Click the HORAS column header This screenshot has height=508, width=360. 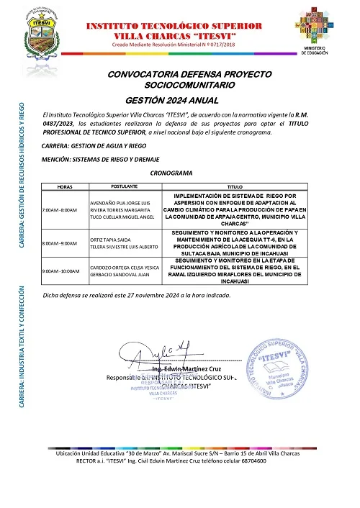tap(65, 165)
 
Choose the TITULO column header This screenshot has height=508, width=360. tap(235, 165)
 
